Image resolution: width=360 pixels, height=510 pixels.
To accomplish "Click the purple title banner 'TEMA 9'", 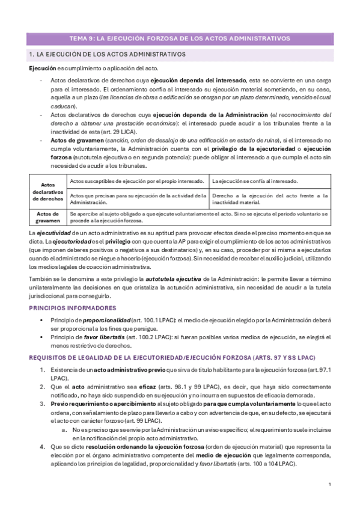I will coord(180,39).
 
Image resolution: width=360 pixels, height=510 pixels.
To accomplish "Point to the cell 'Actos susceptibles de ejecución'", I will coord(138,181).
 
